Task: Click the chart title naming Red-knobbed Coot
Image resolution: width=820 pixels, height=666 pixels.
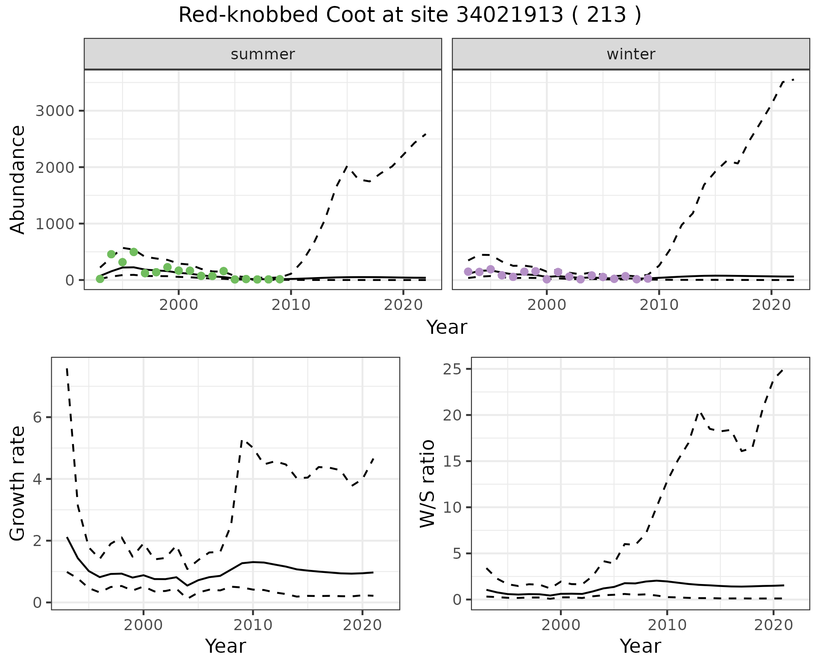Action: [410, 15]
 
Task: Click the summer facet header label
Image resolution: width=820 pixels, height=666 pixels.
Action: [263, 54]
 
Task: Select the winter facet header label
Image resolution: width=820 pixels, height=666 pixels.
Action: [631, 54]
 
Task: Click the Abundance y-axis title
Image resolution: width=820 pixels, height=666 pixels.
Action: [18, 179]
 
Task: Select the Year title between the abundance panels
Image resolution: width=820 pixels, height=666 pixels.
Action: [447, 327]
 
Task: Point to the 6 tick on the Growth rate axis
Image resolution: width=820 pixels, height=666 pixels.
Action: [38, 417]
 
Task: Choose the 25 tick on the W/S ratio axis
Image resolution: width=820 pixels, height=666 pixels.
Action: [452, 369]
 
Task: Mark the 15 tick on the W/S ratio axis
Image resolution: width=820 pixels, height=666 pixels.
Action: [452, 462]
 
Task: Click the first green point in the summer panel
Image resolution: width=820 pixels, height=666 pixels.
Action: [100, 279]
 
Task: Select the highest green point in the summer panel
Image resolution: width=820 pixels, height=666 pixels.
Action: [134, 252]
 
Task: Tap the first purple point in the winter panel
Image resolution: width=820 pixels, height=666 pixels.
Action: [468, 272]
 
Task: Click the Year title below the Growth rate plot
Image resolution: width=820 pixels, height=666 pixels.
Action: [225, 646]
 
